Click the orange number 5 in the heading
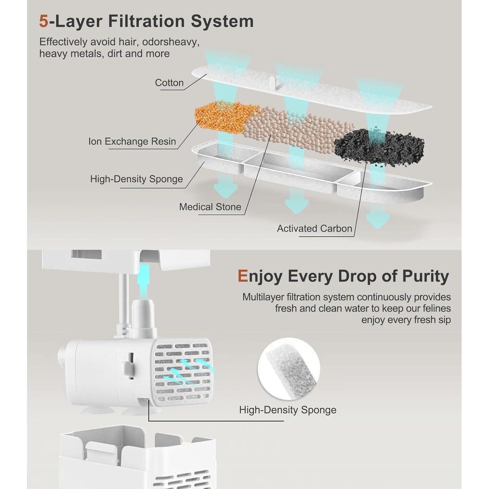[44, 21]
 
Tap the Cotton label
[169, 83]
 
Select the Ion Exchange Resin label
[132, 141]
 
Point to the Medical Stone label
[210, 207]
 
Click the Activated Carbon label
[315, 229]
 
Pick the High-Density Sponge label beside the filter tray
[137, 179]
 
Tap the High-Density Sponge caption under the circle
[288, 410]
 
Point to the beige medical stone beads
[297, 129]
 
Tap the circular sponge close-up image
[289, 369]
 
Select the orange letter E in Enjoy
[243, 276]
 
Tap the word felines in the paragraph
[436, 308]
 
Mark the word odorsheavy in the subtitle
[170, 42]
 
